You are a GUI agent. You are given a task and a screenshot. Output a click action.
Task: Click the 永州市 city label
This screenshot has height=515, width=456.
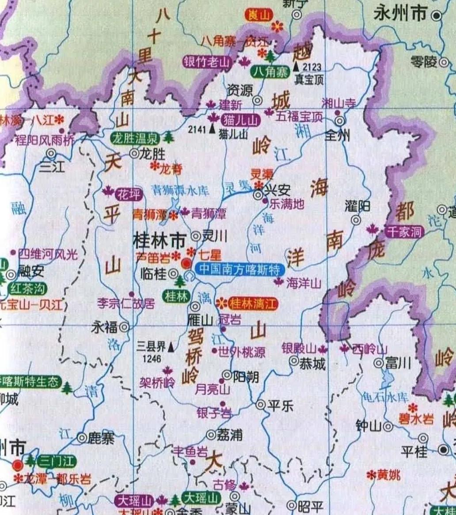(x=400, y=15)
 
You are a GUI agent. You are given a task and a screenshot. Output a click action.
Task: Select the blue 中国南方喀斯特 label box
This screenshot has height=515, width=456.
(x=239, y=269)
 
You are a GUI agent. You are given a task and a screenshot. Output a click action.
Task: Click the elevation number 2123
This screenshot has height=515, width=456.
(x=312, y=67)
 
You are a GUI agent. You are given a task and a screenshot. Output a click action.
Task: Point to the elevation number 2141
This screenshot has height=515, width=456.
(x=197, y=129)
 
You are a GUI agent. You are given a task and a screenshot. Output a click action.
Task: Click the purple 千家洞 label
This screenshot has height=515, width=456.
(x=404, y=232)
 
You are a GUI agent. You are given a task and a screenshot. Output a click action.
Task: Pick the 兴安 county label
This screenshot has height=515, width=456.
(x=277, y=191)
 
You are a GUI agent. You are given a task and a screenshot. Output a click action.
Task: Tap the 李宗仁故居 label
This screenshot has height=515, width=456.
(x=126, y=303)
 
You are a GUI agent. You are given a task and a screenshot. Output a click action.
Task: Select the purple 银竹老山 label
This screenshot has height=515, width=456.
(x=207, y=62)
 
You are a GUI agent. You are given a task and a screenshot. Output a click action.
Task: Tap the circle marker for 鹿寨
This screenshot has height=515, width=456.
(x=82, y=438)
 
